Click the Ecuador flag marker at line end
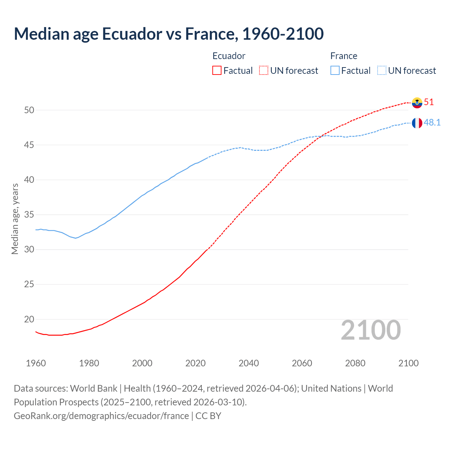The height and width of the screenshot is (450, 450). point(417,103)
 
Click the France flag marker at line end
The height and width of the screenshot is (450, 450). point(417,123)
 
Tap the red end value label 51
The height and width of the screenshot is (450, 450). point(429,102)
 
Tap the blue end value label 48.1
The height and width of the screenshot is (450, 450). point(432,123)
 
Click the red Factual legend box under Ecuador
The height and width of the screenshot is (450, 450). point(217,71)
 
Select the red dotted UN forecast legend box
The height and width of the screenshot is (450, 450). point(264,71)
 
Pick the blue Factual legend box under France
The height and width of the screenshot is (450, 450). point(335,71)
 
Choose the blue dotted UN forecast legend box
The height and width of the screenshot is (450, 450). point(381,71)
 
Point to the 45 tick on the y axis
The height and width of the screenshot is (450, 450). point(29,145)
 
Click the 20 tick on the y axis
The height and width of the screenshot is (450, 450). point(29,319)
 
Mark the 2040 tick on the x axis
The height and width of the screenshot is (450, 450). point(249,363)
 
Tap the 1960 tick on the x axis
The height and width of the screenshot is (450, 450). point(36,363)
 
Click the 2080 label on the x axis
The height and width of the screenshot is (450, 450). point(355,363)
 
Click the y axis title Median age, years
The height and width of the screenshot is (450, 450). point(15,219)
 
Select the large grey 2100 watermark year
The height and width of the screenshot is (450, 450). point(371,330)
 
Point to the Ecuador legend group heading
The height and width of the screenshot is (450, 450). point(229,56)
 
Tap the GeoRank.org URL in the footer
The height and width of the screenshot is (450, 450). point(101,416)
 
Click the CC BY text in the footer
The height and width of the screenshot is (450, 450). point(208,416)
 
